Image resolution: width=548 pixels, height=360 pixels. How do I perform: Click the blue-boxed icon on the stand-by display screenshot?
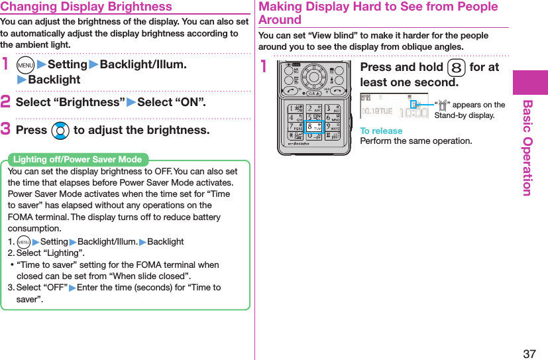(x=414, y=104)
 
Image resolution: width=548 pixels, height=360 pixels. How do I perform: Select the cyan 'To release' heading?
(x=381, y=131)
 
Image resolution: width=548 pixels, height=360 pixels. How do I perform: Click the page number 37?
(x=529, y=353)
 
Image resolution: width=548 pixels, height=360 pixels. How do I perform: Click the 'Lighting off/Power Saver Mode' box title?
(x=78, y=159)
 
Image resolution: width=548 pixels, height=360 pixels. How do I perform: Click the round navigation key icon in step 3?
(x=60, y=131)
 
